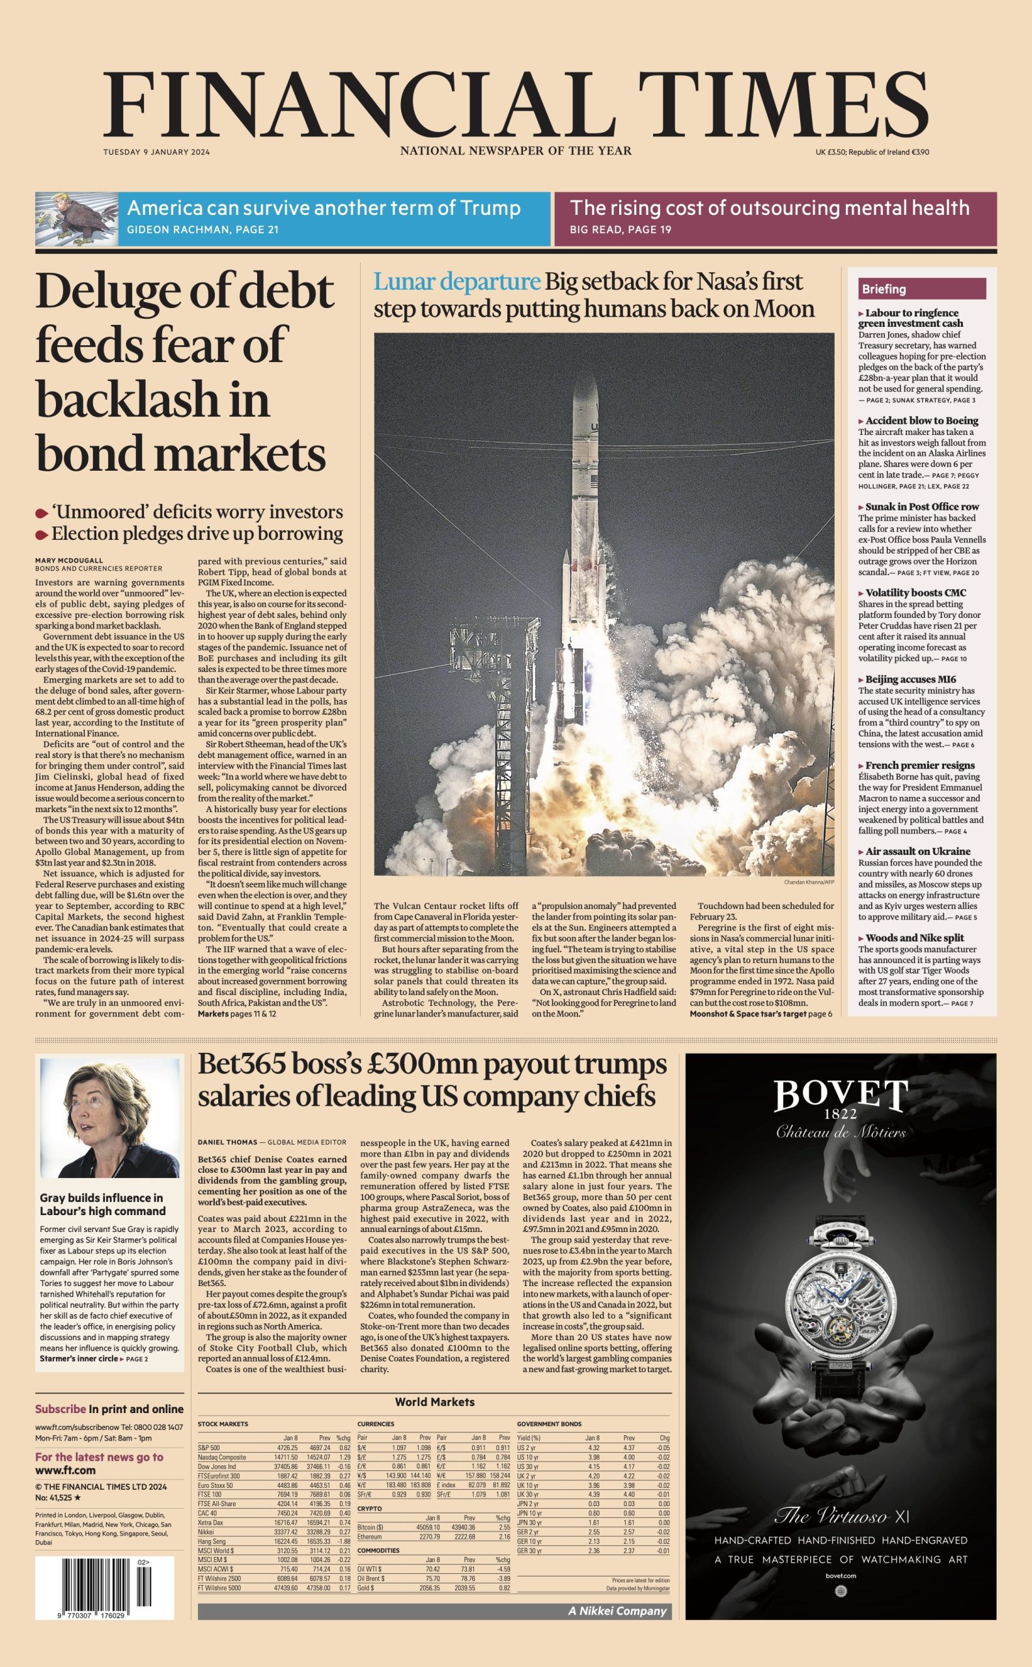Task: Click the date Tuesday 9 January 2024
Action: (156, 152)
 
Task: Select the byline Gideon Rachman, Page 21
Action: (202, 230)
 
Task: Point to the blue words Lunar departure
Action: (456, 281)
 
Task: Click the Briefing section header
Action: (884, 289)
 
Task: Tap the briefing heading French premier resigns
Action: (919, 765)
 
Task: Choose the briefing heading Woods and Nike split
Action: (915, 938)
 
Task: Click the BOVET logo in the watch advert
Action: (841, 1097)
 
